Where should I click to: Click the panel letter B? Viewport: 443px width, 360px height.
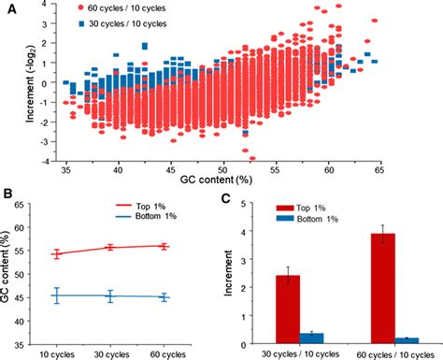click(8, 194)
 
